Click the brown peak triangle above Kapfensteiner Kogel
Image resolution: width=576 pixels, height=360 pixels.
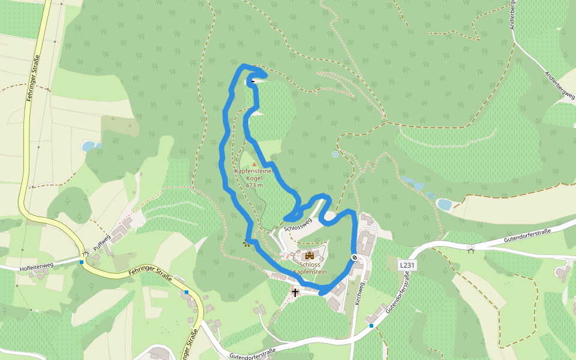254,163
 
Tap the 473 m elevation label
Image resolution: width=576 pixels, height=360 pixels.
254,185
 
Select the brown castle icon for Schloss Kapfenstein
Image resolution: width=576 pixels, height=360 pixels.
310,255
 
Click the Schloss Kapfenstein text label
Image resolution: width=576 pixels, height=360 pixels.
310,268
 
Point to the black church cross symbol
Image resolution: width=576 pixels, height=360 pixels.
295,293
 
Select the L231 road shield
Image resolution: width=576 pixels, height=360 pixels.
407,265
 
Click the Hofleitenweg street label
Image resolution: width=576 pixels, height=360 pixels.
37,265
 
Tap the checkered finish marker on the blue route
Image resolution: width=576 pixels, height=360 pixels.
355,257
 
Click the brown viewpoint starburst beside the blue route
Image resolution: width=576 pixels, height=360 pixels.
246,243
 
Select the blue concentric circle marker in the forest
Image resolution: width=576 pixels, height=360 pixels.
335,154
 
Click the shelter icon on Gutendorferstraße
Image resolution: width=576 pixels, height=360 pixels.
471,247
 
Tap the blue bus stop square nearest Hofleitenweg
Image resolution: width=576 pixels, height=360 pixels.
82,262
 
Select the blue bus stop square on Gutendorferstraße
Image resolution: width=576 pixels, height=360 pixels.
371,326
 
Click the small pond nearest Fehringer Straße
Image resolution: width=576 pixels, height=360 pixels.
89,146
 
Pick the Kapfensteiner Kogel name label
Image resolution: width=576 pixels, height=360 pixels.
254,175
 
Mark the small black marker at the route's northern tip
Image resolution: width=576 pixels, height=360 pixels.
253,81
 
